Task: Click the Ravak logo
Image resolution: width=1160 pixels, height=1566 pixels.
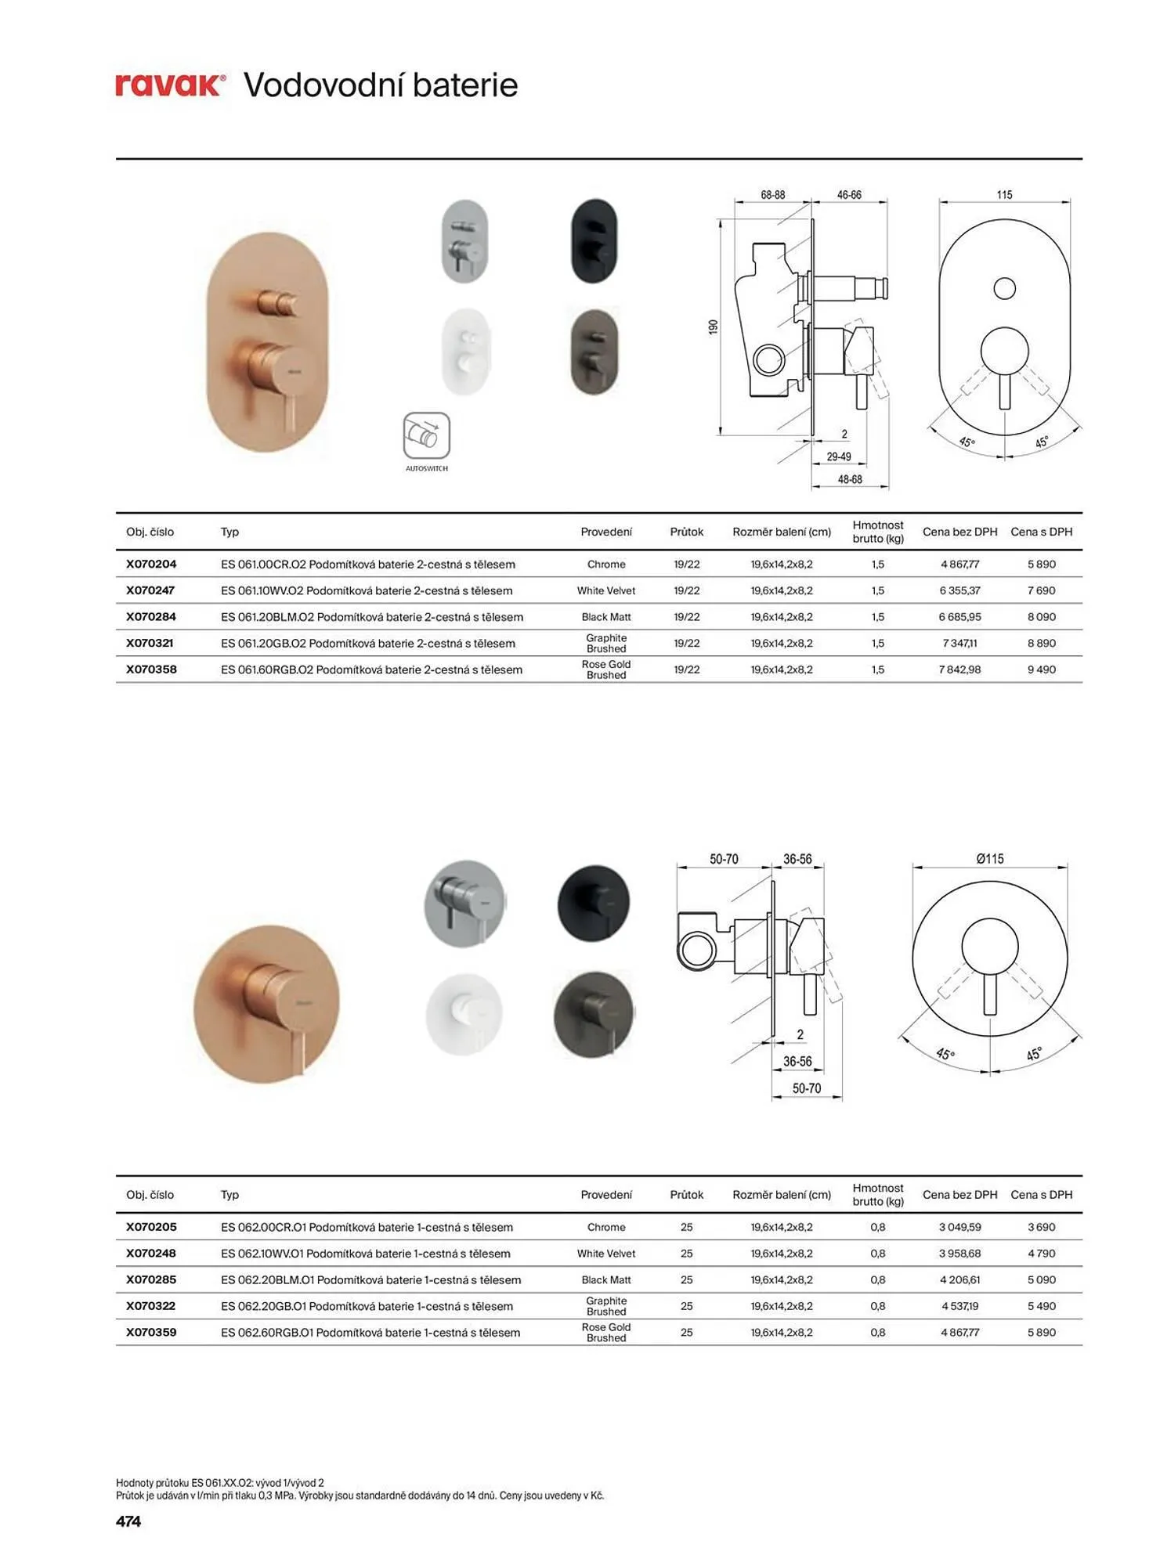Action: (x=171, y=85)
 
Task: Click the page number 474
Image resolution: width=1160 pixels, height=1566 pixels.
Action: (x=128, y=1521)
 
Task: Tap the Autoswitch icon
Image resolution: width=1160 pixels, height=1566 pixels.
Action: (x=427, y=436)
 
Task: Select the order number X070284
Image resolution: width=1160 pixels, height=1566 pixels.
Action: (x=151, y=617)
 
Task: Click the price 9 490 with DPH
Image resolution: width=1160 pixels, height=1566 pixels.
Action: (x=1042, y=669)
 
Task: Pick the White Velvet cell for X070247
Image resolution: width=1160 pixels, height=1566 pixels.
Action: (x=606, y=590)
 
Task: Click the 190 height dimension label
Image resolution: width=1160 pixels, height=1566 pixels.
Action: (x=713, y=327)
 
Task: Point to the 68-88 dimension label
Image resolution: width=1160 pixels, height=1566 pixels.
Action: (x=773, y=195)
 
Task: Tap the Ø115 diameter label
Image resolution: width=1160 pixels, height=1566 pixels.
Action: (x=990, y=859)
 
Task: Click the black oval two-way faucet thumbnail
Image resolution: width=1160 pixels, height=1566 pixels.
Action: (x=594, y=240)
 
